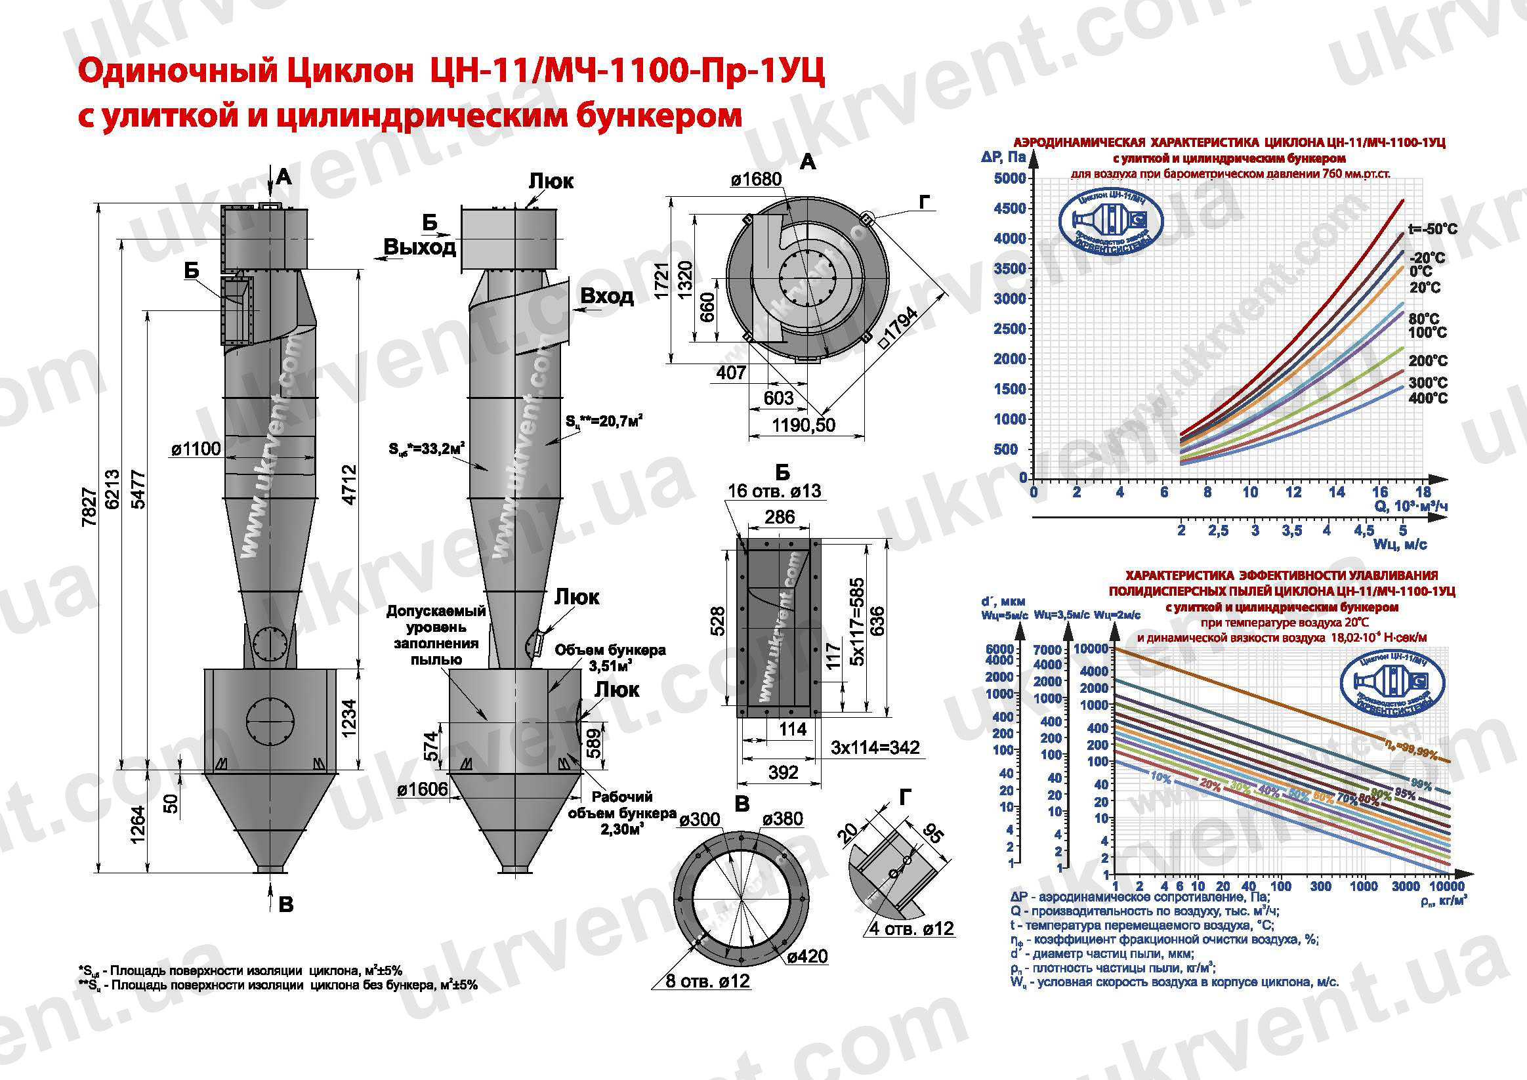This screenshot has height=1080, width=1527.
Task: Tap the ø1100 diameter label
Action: [196, 449]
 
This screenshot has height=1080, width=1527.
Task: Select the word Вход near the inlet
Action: [606, 296]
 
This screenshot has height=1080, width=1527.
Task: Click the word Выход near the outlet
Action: [420, 247]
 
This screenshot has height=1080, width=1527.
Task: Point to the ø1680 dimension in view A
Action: [756, 180]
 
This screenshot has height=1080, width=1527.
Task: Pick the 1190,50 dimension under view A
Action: [803, 425]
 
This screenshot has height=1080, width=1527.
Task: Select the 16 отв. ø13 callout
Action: [774, 491]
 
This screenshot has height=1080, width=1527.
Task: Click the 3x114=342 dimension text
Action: [875, 747]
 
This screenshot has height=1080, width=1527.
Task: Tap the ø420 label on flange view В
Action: [806, 957]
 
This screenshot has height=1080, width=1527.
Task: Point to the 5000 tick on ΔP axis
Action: [1009, 178]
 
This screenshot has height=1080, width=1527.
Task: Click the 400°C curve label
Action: [1428, 398]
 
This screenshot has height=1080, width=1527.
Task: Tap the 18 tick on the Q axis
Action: [1423, 492]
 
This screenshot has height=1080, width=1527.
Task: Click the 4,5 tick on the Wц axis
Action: [1364, 531]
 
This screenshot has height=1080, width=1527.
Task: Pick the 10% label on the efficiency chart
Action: [1161, 777]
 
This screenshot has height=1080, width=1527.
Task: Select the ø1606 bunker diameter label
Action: [423, 789]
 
